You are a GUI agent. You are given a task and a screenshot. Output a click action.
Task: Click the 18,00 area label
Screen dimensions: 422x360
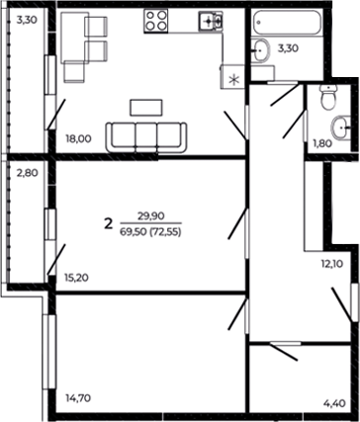click(78, 139)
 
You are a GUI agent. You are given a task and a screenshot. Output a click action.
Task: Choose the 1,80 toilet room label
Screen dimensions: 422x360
click(322, 143)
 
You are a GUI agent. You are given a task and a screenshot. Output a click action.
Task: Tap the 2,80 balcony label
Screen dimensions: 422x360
click(27, 172)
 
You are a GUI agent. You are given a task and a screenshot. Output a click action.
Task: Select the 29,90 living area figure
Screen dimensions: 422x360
click(150, 215)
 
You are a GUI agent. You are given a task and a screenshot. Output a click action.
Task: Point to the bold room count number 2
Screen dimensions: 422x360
click(107, 223)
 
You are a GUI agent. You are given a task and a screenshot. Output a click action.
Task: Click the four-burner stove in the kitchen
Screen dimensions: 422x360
click(156, 22)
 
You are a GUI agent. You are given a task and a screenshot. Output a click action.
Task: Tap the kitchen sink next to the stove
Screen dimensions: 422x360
click(209, 21)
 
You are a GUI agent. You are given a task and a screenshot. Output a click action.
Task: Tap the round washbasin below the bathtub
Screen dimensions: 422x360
click(262, 53)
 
